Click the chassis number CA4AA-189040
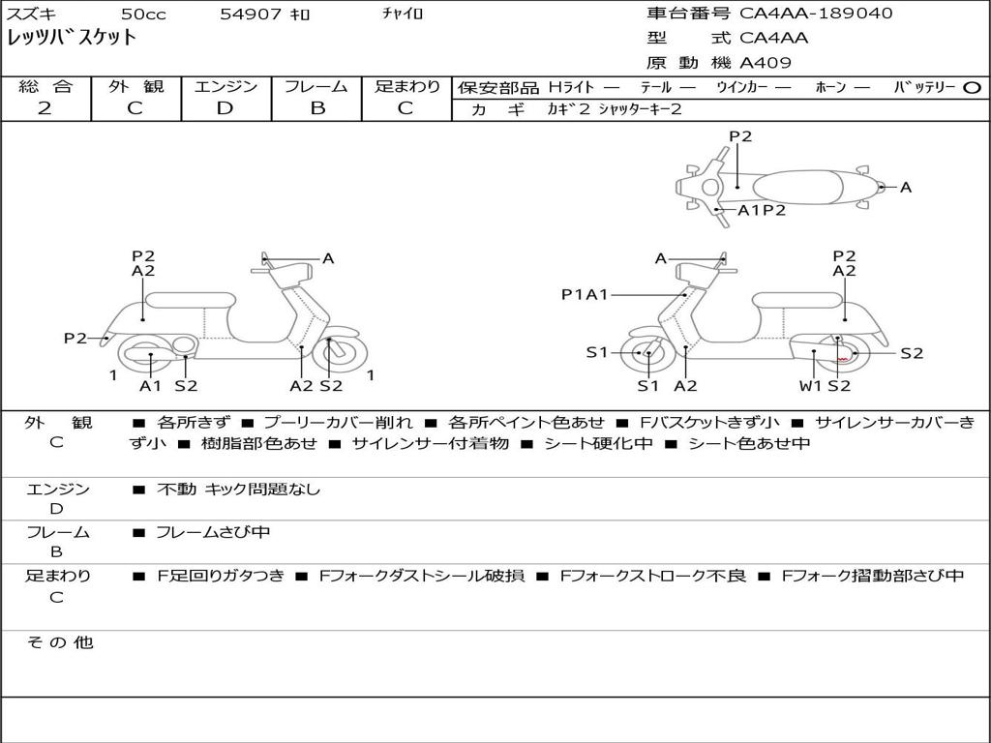[816, 14]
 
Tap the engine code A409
[766, 63]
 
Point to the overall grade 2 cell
[45, 108]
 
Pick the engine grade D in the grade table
[225, 108]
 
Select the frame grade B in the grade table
[316, 108]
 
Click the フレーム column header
[316, 86]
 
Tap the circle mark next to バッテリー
[973, 87]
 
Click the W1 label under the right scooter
[810, 386]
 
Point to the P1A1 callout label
[585, 294]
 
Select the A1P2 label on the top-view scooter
[762, 210]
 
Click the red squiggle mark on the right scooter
[842, 358]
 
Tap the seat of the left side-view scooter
[191, 300]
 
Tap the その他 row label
[60, 642]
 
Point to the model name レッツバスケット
[73, 39]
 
